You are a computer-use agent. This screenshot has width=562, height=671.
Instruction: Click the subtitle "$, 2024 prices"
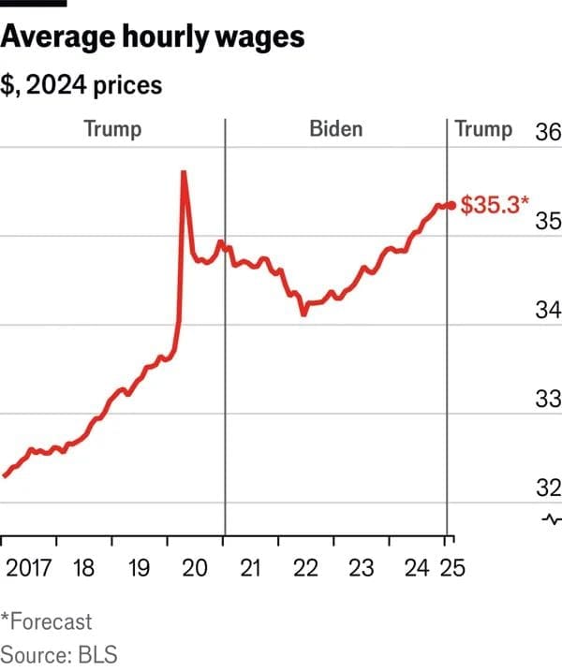(81, 85)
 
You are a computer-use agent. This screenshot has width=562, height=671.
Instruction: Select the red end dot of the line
(451, 205)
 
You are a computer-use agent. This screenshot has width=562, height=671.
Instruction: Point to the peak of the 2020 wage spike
(184, 172)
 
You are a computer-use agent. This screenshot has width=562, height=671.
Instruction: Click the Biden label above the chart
(335, 129)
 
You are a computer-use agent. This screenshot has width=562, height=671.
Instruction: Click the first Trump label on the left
(112, 129)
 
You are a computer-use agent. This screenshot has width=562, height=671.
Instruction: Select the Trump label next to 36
(483, 129)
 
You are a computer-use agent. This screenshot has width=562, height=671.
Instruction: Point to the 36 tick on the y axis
(547, 131)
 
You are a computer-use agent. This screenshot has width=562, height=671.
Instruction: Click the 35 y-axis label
(547, 221)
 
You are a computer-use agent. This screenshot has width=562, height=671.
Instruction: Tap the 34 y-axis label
(547, 310)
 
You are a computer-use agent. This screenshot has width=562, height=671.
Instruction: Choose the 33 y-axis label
(547, 400)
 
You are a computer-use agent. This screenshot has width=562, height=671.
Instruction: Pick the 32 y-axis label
(547, 488)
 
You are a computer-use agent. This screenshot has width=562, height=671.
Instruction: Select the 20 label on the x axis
(195, 567)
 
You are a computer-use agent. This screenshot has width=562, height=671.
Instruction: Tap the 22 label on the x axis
(306, 567)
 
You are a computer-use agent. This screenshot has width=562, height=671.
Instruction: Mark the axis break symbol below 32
(551, 519)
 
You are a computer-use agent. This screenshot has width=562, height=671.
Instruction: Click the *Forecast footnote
(47, 620)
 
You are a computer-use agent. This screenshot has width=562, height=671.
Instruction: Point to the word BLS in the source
(96, 653)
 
